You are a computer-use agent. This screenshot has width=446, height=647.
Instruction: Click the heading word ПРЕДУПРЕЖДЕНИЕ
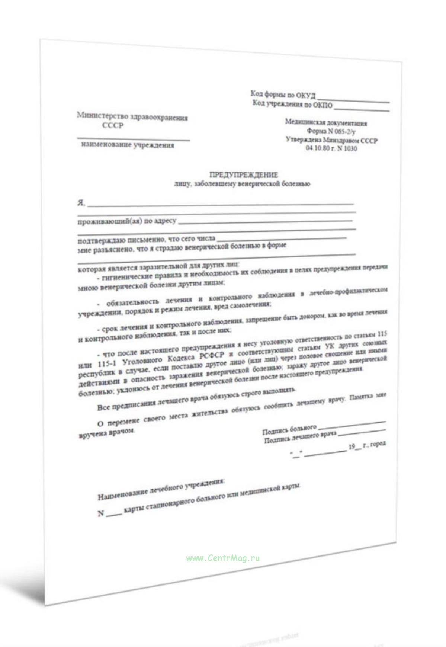[x=244, y=174]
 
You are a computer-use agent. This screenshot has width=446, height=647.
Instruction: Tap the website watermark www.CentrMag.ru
[x=223, y=558]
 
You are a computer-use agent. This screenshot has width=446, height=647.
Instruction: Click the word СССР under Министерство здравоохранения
[x=113, y=125]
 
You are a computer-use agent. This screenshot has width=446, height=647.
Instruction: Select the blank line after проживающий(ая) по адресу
[x=265, y=222]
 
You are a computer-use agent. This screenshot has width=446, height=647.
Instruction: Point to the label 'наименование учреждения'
[x=128, y=145]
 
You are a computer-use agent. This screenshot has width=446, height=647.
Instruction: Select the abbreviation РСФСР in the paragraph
[x=212, y=356]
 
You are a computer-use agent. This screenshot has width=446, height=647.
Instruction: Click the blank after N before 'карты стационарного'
[x=114, y=513]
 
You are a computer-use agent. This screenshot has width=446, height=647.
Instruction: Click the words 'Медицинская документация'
[x=326, y=123]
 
